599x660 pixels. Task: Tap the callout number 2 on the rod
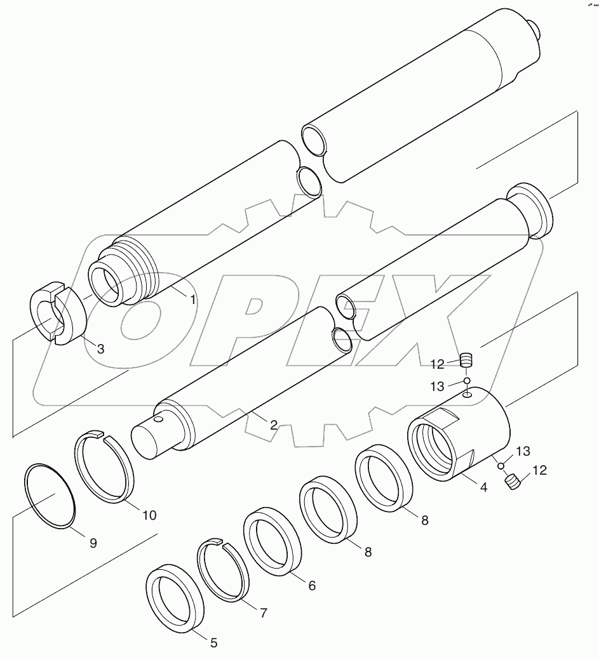[273, 425]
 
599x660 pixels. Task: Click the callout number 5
[213, 643]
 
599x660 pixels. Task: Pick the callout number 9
[93, 543]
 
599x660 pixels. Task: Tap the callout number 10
[149, 515]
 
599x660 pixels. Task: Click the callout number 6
[311, 586]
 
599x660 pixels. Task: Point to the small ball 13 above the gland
[467, 381]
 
